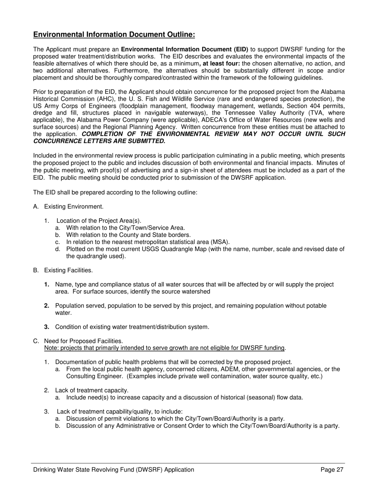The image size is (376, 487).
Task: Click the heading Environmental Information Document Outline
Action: click(114, 35)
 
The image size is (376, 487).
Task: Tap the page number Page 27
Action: click(332, 470)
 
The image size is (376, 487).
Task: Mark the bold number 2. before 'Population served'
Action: click(47, 306)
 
